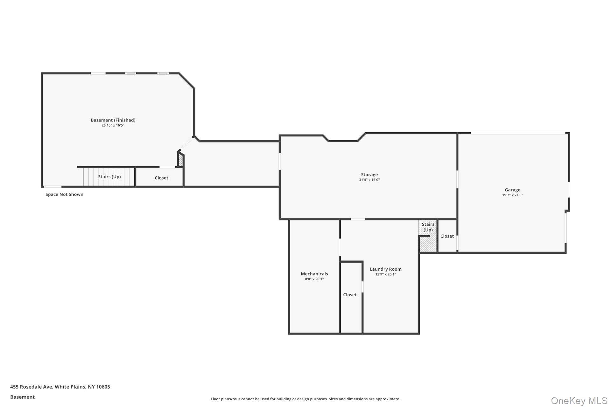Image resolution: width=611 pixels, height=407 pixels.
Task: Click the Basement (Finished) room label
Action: [x=113, y=120]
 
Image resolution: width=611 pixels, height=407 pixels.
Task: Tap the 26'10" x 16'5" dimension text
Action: [x=113, y=125]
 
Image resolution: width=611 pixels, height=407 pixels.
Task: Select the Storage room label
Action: [x=369, y=175]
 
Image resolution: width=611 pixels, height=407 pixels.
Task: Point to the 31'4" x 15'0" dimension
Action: [x=369, y=180]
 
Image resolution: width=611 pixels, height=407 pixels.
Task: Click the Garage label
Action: [x=512, y=190]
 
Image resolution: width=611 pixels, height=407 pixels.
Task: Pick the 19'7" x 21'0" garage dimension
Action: [x=512, y=195]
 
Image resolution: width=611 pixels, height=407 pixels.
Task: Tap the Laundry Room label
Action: [x=386, y=269]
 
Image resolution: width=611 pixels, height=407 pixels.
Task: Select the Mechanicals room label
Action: [x=314, y=274]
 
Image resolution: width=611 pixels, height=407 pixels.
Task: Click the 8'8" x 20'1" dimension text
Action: [x=314, y=279]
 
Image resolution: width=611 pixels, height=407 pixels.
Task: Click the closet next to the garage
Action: [x=447, y=236]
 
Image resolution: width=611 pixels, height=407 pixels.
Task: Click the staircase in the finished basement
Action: [x=109, y=177]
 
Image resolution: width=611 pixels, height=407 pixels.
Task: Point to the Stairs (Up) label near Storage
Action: [x=428, y=227]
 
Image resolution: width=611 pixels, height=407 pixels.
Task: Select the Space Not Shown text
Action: [x=64, y=194]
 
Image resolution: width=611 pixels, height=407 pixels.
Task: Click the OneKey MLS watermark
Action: [x=579, y=401]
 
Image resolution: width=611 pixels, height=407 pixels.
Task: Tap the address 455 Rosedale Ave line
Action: [x=60, y=387]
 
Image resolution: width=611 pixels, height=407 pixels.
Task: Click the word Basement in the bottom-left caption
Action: [x=22, y=397]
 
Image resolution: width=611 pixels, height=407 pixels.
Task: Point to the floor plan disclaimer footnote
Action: [x=305, y=399]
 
